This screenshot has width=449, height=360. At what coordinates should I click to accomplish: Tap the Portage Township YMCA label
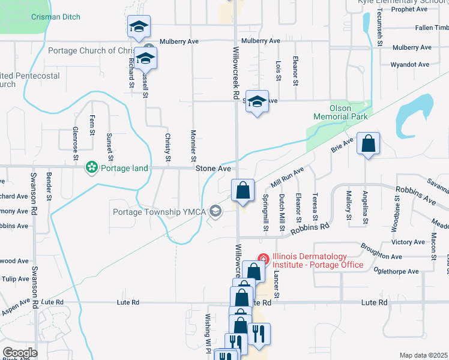tap(158, 211)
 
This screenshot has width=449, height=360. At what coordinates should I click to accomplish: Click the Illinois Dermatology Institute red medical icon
tap(262, 259)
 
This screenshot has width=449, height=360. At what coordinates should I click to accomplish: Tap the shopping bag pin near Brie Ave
tap(368, 144)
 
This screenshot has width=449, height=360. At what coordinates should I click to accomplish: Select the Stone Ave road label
tap(213, 169)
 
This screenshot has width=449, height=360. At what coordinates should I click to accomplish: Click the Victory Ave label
tap(408, 242)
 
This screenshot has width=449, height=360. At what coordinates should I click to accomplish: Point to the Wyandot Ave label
tap(409, 64)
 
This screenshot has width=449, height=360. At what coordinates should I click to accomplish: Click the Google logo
tap(20, 353)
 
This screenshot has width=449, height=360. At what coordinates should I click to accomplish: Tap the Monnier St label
tap(193, 146)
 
